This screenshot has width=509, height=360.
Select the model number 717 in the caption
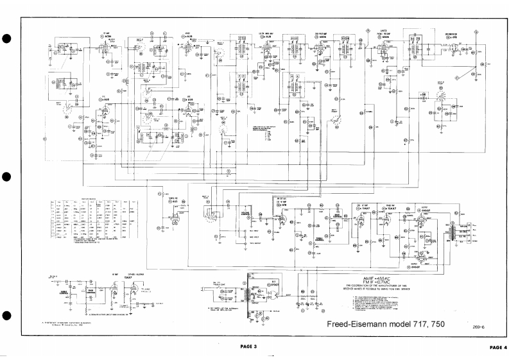coord(411,323)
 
